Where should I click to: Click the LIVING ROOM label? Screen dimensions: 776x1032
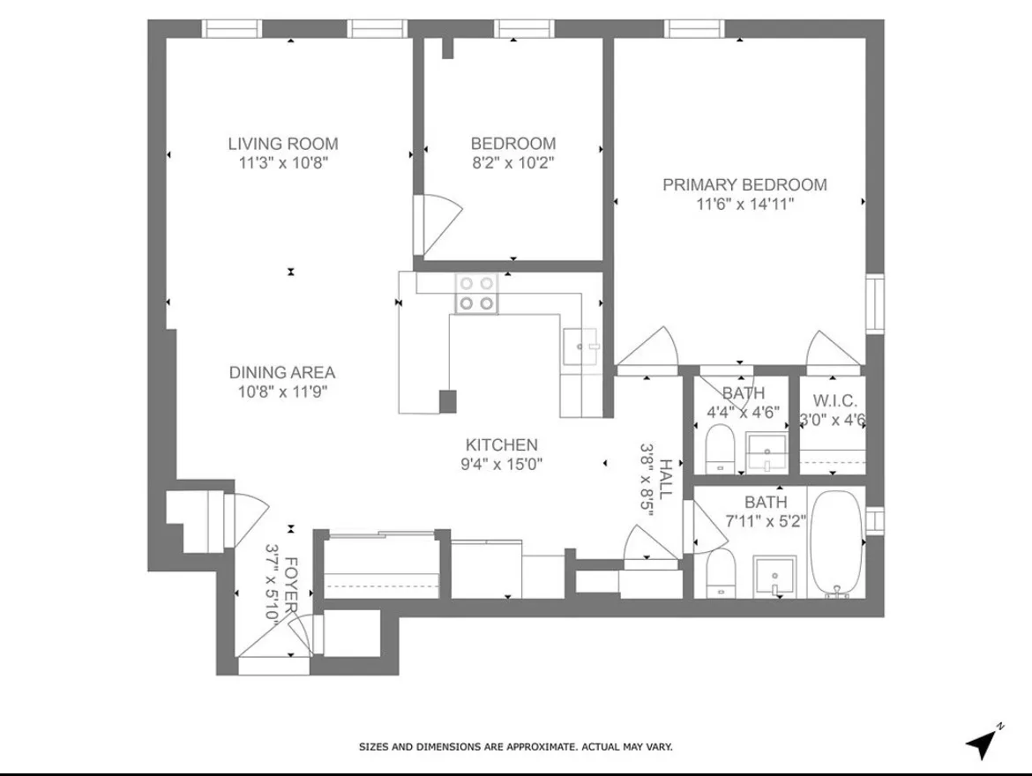pos(282,144)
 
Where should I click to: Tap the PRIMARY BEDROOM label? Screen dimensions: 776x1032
pos(744,184)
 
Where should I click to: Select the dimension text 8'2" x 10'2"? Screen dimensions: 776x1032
pos(512,163)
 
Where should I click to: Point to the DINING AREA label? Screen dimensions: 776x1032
pos(282,373)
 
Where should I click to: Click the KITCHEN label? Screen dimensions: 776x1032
pos(501,445)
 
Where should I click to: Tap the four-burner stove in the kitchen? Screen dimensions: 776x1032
pos(476,294)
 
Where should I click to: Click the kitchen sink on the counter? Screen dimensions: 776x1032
pos(580,347)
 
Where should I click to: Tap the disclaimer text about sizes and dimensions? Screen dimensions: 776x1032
pos(515,747)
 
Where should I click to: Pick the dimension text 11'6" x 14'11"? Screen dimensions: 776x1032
pos(744,205)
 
